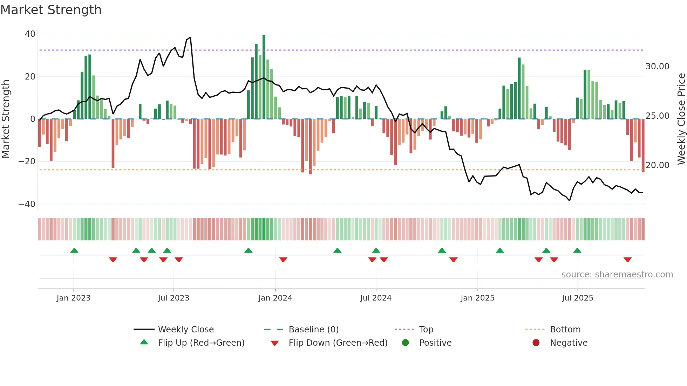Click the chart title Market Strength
[x=51, y=10]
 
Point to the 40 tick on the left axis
[x=30, y=34]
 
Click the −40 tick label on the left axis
[x=27, y=204]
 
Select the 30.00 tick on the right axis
[x=657, y=67]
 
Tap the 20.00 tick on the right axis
[x=657, y=165]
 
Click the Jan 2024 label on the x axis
[x=275, y=298]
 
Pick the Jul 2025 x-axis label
[x=577, y=298]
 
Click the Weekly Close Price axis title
[x=681, y=119]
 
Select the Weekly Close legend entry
[x=185, y=330]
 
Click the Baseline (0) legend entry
[x=313, y=330]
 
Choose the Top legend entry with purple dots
[x=426, y=330]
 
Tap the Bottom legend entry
[x=565, y=330]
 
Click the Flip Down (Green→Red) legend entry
[x=338, y=343]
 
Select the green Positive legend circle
[x=406, y=343]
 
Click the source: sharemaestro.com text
[x=617, y=275]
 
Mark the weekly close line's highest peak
[x=190, y=37]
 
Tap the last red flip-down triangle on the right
[x=627, y=260]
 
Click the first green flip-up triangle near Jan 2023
[x=74, y=250]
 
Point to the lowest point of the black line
[x=570, y=200]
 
